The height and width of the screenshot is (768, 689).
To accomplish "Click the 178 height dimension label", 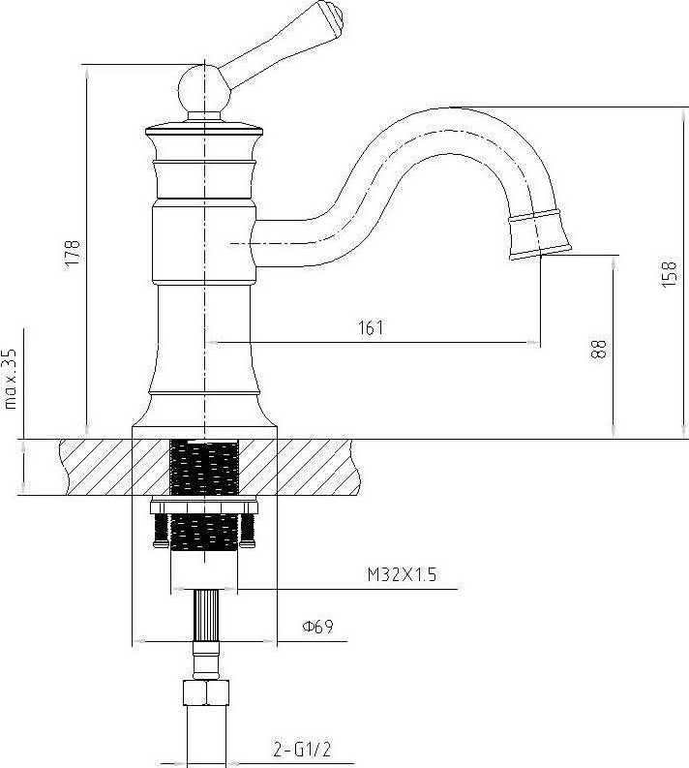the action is [x=73, y=253].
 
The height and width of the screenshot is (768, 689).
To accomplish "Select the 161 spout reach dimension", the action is [x=371, y=327].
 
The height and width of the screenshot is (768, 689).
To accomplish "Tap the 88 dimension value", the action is [x=598, y=350].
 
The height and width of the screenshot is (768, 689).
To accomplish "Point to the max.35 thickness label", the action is [x=10, y=379].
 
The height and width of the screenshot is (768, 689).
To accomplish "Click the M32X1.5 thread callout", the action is [x=402, y=574].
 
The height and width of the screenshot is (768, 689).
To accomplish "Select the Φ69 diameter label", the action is [x=317, y=626].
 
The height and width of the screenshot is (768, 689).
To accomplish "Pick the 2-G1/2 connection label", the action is [x=303, y=749].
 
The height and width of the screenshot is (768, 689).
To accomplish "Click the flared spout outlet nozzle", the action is [x=539, y=234].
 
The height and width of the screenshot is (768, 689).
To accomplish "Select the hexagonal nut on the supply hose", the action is [x=206, y=692].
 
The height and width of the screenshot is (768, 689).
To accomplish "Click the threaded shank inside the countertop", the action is [x=204, y=468].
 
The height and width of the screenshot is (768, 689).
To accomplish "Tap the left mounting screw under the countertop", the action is [x=161, y=530].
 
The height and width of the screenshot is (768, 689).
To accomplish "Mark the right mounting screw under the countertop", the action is [x=248, y=530].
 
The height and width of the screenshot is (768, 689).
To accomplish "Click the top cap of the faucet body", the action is [x=204, y=129].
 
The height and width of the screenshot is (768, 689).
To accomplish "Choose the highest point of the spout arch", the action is [x=453, y=108].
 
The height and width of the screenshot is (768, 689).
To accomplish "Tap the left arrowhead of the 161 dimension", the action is [x=211, y=343].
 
